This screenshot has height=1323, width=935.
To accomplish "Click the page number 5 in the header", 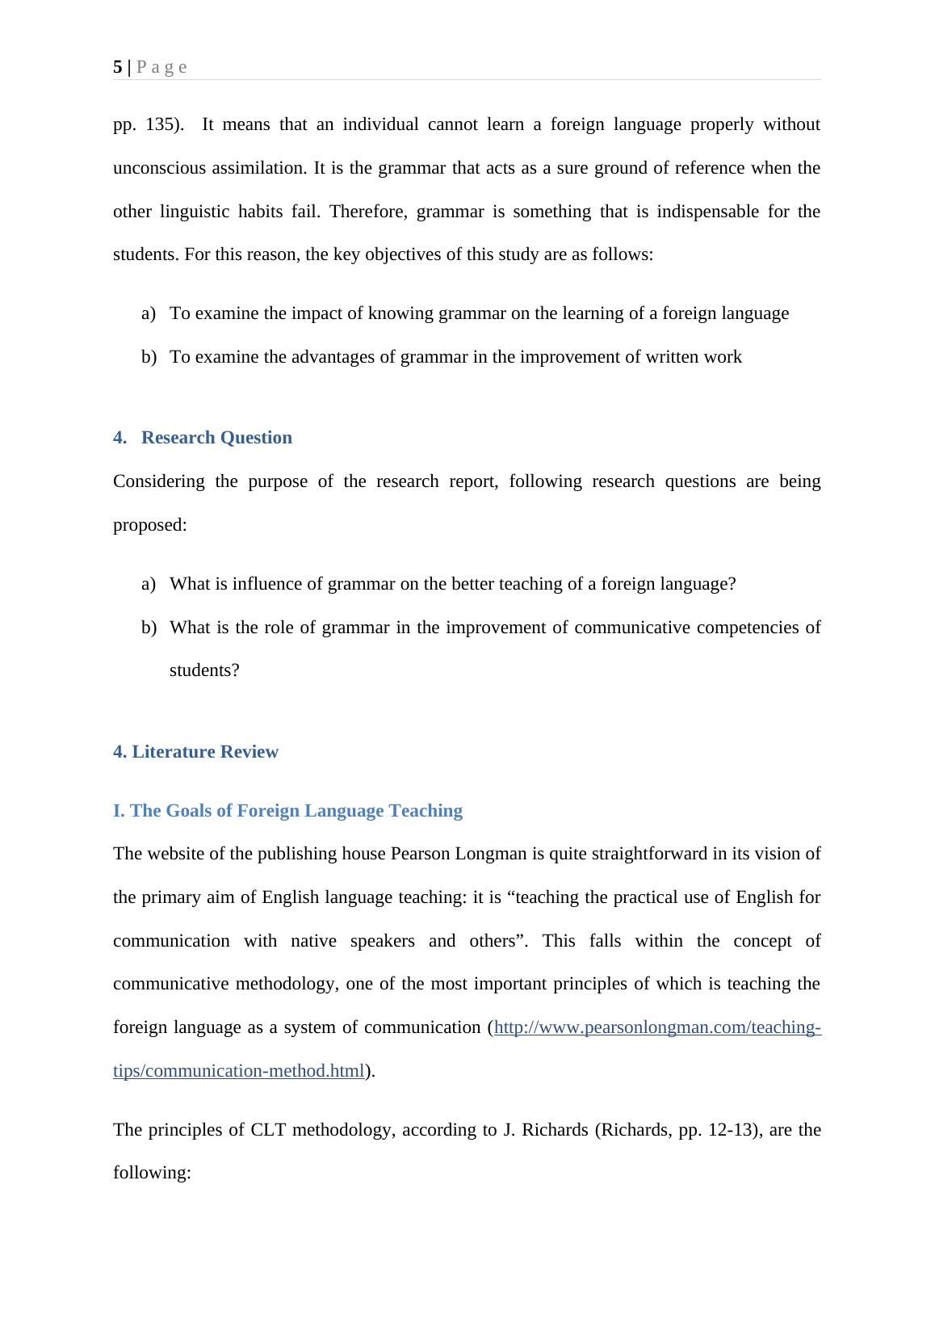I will pyautogui.click(x=118, y=67).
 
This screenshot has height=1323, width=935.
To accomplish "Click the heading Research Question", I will pyautogui.click(x=216, y=438).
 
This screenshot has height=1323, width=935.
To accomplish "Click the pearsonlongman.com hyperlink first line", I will pyautogui.click(x=657, y=1027).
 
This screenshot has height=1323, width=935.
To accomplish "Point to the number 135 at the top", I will pyautogui.click(x=160, y=125).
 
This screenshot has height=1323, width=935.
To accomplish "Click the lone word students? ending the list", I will pyautogui.click(x=204, y=670).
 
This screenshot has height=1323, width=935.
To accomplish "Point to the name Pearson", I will pyautogui.click(x=419, y=854).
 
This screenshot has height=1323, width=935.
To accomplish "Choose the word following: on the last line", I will pyautogui.click(x=152, y=1173).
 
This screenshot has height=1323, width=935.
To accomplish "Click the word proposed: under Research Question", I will pyautogui.click(x=149, y=525).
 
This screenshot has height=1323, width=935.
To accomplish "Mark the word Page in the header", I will pyautogui.click(x=161, y=67).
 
